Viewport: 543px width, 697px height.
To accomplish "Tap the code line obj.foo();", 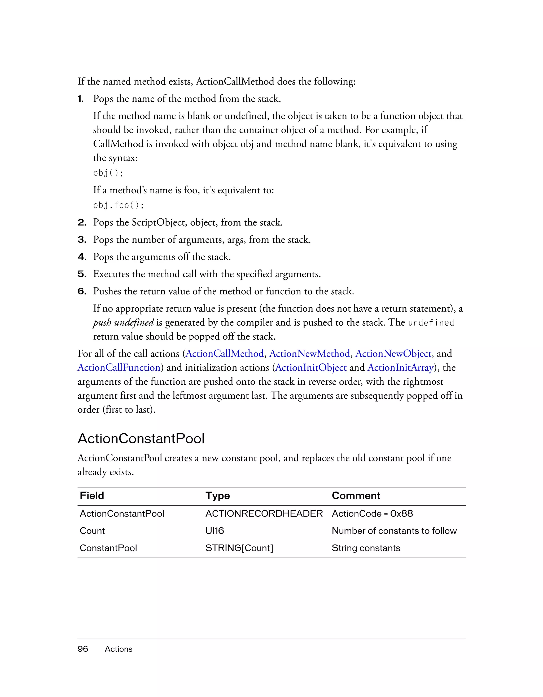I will [x=119, y=205].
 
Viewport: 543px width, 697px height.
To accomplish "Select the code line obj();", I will [x=108, y=173].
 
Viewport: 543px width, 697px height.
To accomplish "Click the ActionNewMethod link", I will [x=309, y=354].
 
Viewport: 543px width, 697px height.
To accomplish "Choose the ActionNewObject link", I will [x=393, y=354].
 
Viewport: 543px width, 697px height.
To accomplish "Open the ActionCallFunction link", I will [x=119, y=368].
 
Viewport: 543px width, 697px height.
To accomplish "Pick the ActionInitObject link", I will [x=311, y=368].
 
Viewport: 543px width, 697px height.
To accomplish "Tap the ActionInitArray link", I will [x=400, y=368].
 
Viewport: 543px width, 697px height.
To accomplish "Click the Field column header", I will [x=92, y=496].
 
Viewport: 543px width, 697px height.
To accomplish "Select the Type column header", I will [x=218, y=496].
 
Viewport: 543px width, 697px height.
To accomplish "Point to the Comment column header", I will [x=356, y=496].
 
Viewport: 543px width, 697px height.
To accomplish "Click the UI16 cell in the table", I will [x=214, y=531].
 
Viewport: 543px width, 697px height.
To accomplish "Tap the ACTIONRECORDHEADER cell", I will [x=264, y=514].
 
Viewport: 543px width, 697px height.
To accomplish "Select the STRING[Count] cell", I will [x=239, y=548].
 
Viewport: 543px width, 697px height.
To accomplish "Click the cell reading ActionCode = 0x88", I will [x=372, y=514].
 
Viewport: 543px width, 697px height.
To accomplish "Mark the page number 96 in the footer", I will [x=83, y=649].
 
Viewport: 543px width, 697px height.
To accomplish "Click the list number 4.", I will [x=82, y=257].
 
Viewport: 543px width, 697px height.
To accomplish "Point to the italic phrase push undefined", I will [x=123, y=322].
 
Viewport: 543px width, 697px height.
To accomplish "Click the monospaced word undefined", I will [x=431, y=323].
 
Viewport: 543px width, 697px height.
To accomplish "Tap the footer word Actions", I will [x=118, y=649].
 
